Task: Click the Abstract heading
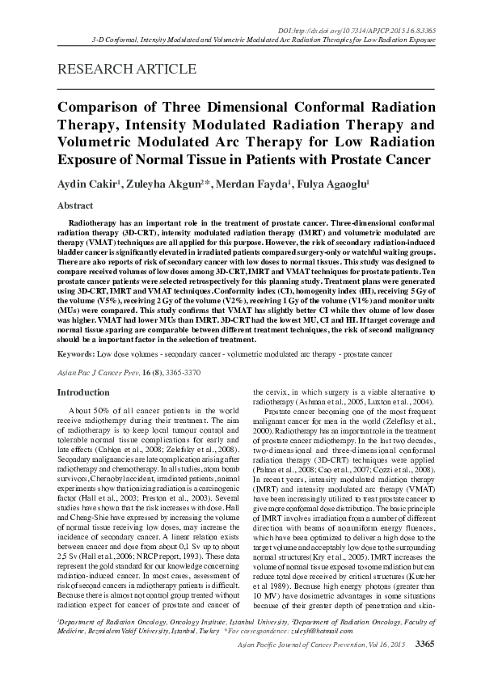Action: click(74, 206)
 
